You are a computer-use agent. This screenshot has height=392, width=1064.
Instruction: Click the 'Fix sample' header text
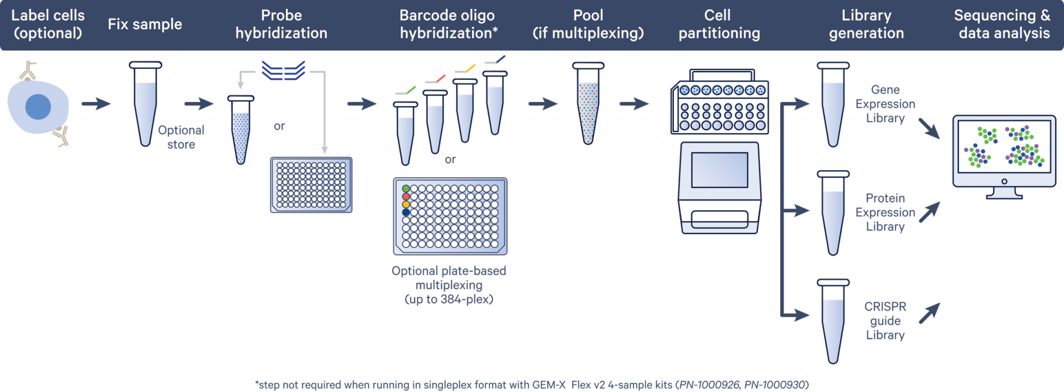click(145, 24)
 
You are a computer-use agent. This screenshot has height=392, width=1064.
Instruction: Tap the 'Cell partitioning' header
click(719, 24)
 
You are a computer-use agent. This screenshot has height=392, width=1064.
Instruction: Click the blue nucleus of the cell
click(38, 107)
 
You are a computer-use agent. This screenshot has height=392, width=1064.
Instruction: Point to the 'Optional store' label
click(181, 137)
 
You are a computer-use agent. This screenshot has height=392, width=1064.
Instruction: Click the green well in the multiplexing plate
click(406, 189)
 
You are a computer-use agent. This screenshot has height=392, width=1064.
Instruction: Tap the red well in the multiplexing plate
click(406, 196)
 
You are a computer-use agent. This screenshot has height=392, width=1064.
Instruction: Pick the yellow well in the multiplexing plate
click(406, 205)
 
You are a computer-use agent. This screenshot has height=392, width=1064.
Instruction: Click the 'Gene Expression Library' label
click(885, 104)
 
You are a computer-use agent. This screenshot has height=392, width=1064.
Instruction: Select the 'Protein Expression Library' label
click(885, 212)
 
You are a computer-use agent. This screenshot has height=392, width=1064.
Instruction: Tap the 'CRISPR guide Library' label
click(885, 320)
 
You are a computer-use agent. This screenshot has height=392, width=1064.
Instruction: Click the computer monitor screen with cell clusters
click(1004, 146)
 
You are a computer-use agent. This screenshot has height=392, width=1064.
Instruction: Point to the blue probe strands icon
click(283, 70)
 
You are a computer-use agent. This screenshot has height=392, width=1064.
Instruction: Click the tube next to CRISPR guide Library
click(833, 322)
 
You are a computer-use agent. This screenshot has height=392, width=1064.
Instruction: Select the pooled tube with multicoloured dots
click(588, 104)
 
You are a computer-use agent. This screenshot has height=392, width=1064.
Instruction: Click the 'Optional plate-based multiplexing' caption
click(449, 278)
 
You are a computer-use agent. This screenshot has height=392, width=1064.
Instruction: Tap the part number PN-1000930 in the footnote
click(775, 385)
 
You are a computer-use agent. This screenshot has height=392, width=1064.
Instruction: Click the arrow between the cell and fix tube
click(96, 104)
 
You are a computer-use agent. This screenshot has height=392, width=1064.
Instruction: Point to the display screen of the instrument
click(719, 170)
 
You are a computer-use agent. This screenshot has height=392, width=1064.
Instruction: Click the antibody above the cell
click(28, 70)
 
